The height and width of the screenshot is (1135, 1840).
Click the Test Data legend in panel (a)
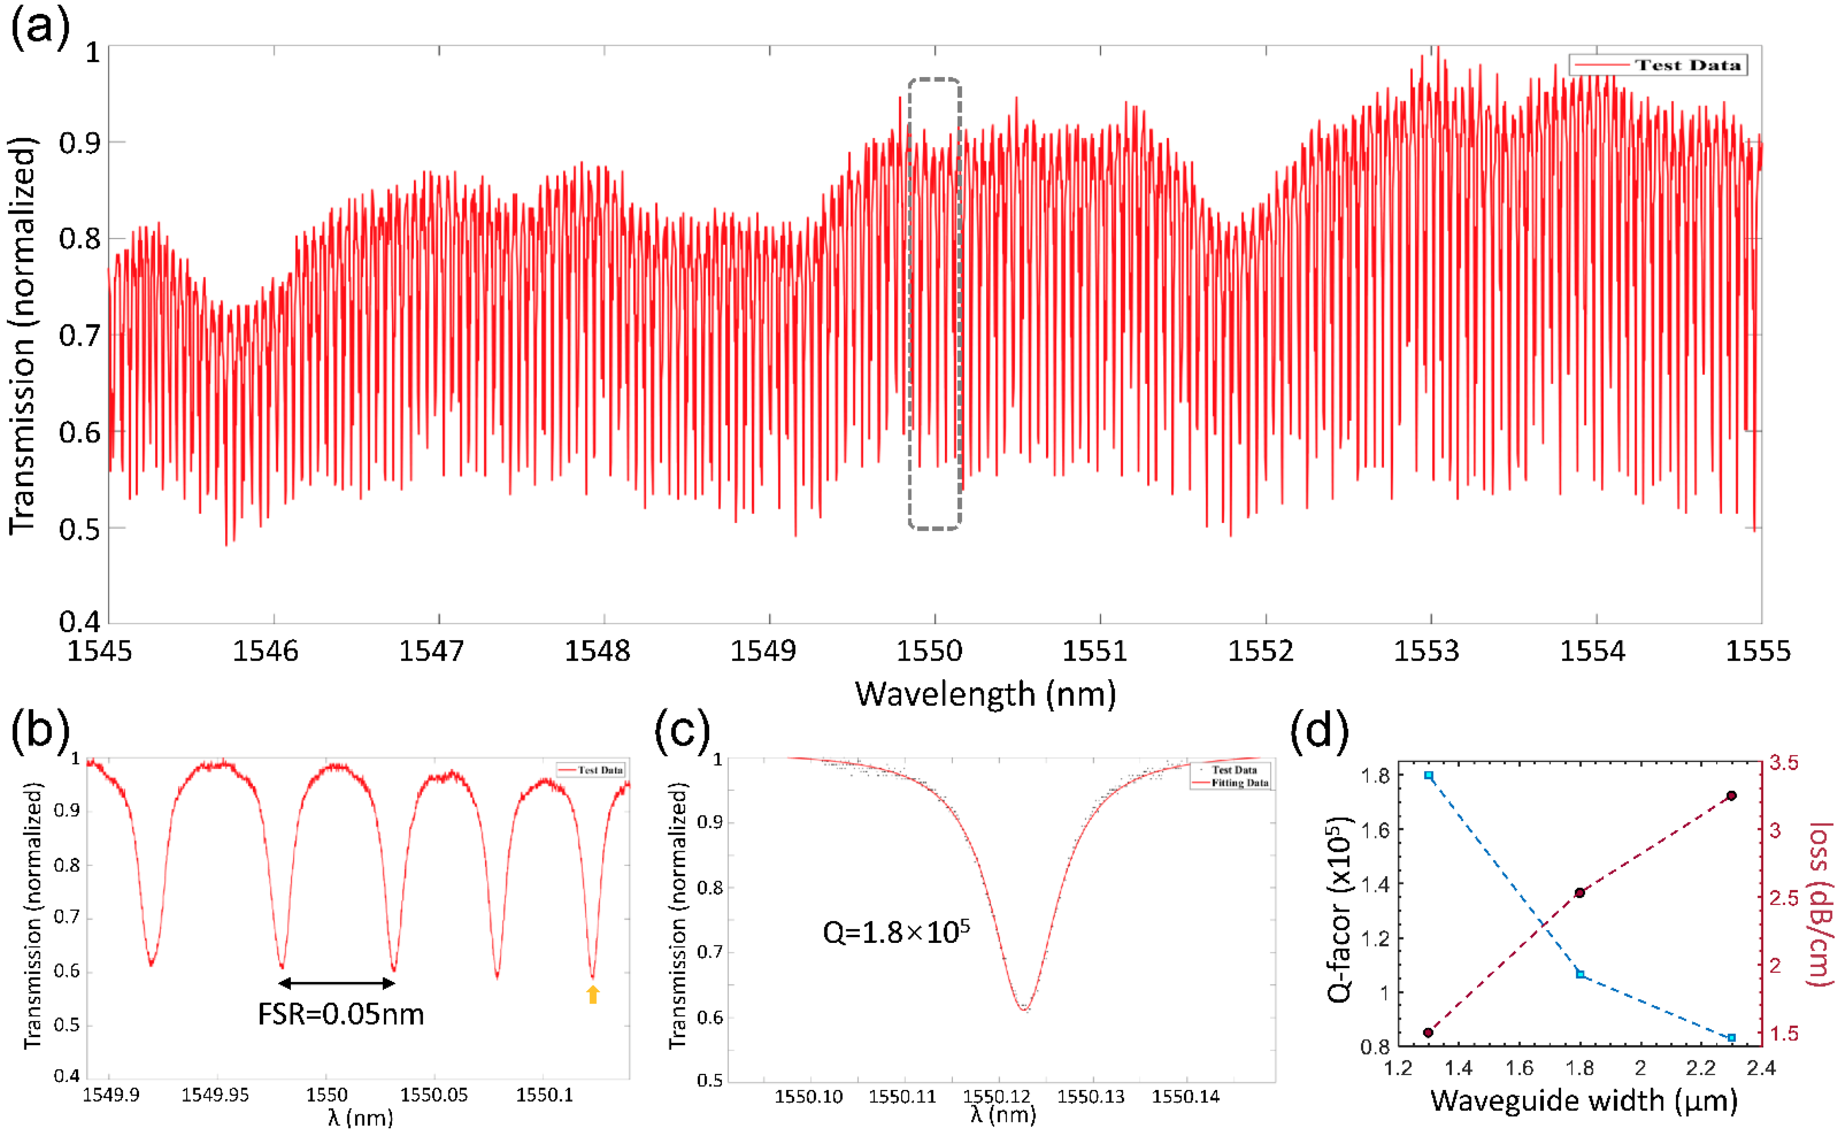[x=1658, y=65]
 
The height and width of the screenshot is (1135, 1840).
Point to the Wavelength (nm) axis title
[x=985, y=693]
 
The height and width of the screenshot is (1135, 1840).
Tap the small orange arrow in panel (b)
[x=593, y=995]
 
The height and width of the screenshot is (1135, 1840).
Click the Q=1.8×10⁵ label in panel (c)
[x=896, y=932]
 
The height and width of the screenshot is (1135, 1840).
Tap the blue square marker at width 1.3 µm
[x=1429, y=776]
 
